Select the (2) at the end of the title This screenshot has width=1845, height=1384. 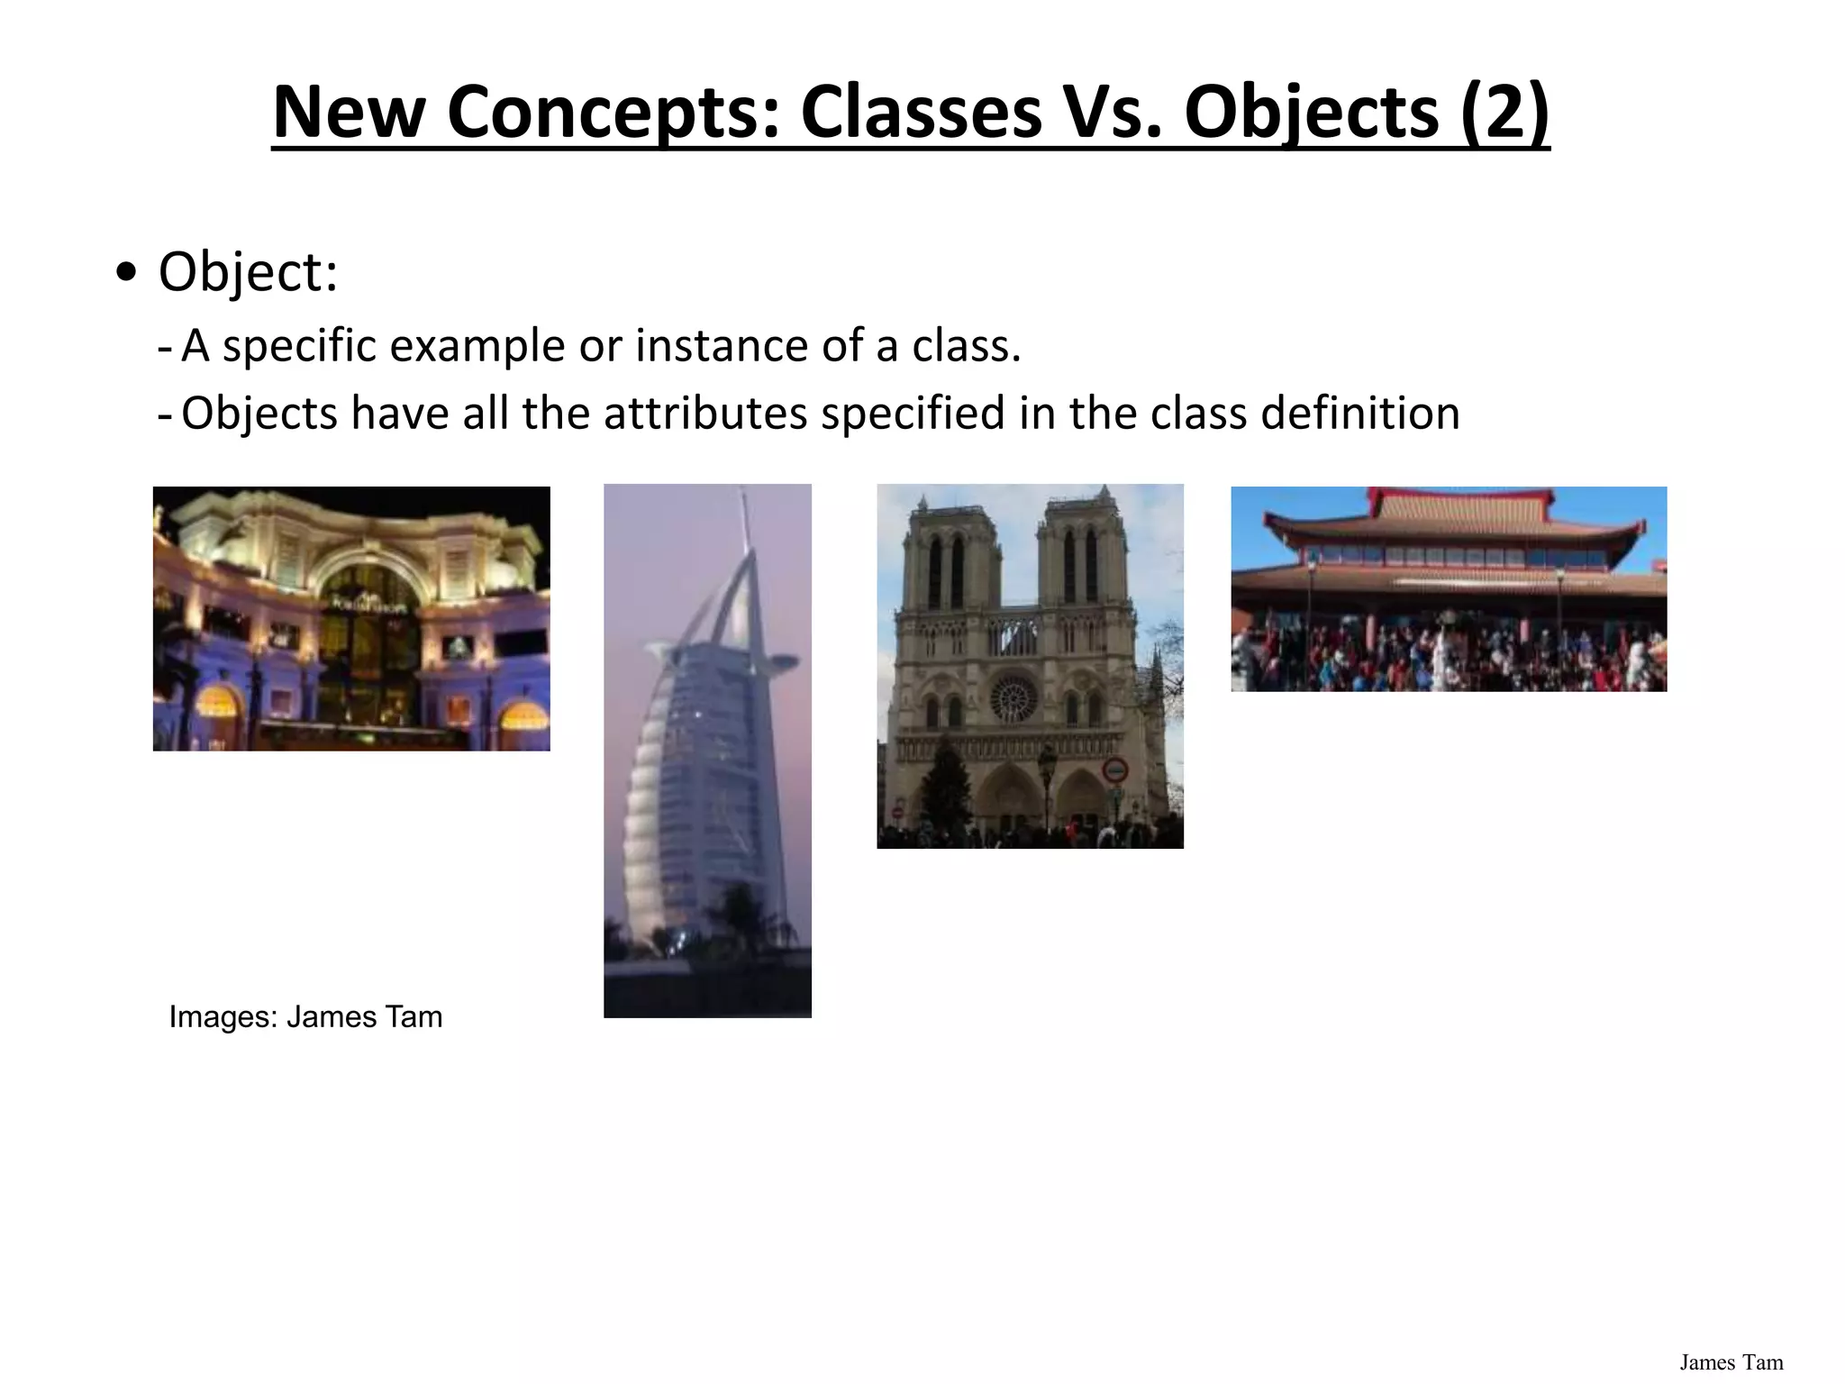coord(1504,113)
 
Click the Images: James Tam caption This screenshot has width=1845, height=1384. coord(305,1016)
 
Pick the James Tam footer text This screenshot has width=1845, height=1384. coord(1731,1361)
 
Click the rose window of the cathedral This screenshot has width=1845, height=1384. coord(1014,697)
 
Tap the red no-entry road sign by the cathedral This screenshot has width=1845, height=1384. coord(1115,770)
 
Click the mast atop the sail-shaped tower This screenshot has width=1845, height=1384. coord(745,523)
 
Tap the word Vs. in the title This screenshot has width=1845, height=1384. coord(1113,113)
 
